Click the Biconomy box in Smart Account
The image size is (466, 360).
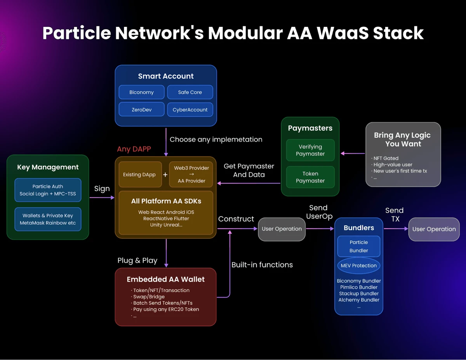(141, 92)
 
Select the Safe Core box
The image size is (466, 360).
(190, 92)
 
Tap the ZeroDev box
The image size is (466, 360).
(141, 110)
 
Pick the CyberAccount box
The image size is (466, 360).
(190, 110)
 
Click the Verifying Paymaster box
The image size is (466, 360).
(310, 150)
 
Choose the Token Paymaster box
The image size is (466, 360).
(310, 177)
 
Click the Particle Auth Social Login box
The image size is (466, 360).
(48, 190)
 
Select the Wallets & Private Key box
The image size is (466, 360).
(48, 219)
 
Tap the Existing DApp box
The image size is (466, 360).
(139, 175)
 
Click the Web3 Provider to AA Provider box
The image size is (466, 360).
(191, 174)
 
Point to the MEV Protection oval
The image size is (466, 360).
(358, 266)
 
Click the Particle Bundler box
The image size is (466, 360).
(358, 246)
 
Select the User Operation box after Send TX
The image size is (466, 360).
(434, 229)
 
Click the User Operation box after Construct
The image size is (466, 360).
(282, 229)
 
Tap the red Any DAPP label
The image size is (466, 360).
(134, 149)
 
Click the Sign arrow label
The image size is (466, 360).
(102, 189)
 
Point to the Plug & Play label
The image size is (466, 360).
(137, 261)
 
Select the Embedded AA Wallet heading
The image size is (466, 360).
(165, 279)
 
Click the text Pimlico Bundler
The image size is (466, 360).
(358, 287)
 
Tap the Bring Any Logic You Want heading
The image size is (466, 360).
(402, 139)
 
